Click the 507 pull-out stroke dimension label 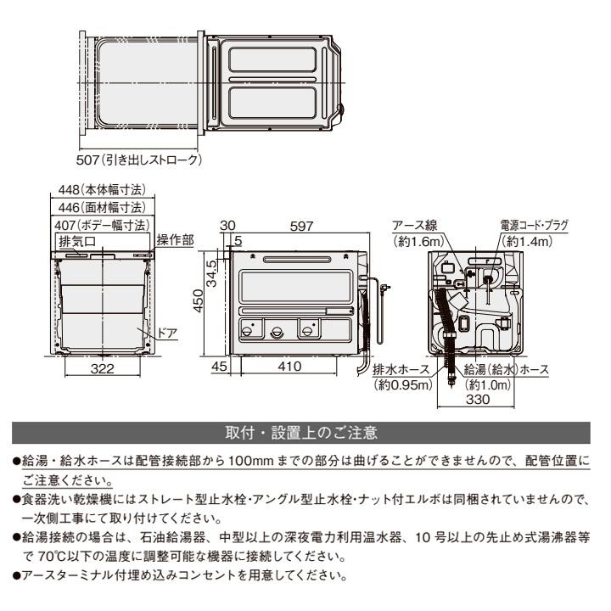click(x=141, y=159)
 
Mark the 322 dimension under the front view click(x=103, y=369)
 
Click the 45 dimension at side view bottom click(x=220, y=367)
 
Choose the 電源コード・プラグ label click(x=534, y=226)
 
